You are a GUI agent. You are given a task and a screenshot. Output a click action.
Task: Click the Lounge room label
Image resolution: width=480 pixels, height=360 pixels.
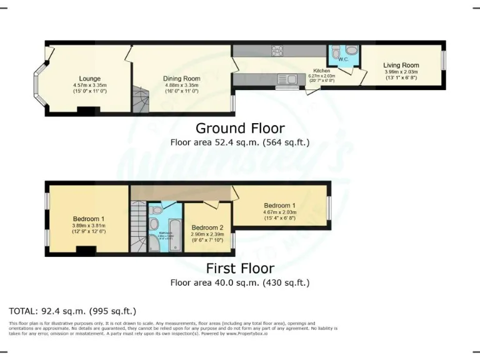(90, 78)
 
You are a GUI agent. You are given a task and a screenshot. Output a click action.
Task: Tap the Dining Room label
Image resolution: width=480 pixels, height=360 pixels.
(181, 78)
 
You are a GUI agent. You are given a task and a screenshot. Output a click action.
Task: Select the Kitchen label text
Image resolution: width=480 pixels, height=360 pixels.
(321, 71)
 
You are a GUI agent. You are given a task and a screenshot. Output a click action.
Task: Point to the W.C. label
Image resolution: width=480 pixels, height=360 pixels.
(344, 59)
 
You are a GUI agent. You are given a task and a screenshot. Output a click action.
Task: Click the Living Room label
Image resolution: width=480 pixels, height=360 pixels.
(401, 65)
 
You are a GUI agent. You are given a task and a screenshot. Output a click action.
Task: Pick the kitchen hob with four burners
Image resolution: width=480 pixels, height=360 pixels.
(277, 51)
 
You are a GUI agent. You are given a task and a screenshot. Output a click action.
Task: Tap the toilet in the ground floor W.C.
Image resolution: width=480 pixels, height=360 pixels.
(336, 51)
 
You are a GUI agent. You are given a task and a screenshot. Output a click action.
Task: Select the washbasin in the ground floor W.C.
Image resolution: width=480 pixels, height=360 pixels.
(351, 50)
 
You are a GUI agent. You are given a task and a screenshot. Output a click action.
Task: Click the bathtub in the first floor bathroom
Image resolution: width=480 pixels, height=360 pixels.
(174, 235)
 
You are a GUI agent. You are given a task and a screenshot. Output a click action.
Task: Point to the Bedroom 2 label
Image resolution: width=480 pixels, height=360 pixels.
(207, 227)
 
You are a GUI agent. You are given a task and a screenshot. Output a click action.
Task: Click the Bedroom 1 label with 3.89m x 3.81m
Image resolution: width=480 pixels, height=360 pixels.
(88, 218)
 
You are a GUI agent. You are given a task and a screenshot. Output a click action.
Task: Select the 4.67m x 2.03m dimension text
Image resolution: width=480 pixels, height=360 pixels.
(281, 212)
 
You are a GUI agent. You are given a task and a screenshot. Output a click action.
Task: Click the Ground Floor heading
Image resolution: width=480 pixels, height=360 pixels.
(240, 128)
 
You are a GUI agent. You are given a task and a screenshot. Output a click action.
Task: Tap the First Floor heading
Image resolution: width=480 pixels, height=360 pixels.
(240, 269)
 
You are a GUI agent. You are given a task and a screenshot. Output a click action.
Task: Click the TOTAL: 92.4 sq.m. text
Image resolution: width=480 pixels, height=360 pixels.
(72, 311)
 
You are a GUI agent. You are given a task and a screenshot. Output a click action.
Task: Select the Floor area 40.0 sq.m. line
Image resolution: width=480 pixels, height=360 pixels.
(240, 282)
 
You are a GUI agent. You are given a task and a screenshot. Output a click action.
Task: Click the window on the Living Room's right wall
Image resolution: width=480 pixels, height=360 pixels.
(444, 59)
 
